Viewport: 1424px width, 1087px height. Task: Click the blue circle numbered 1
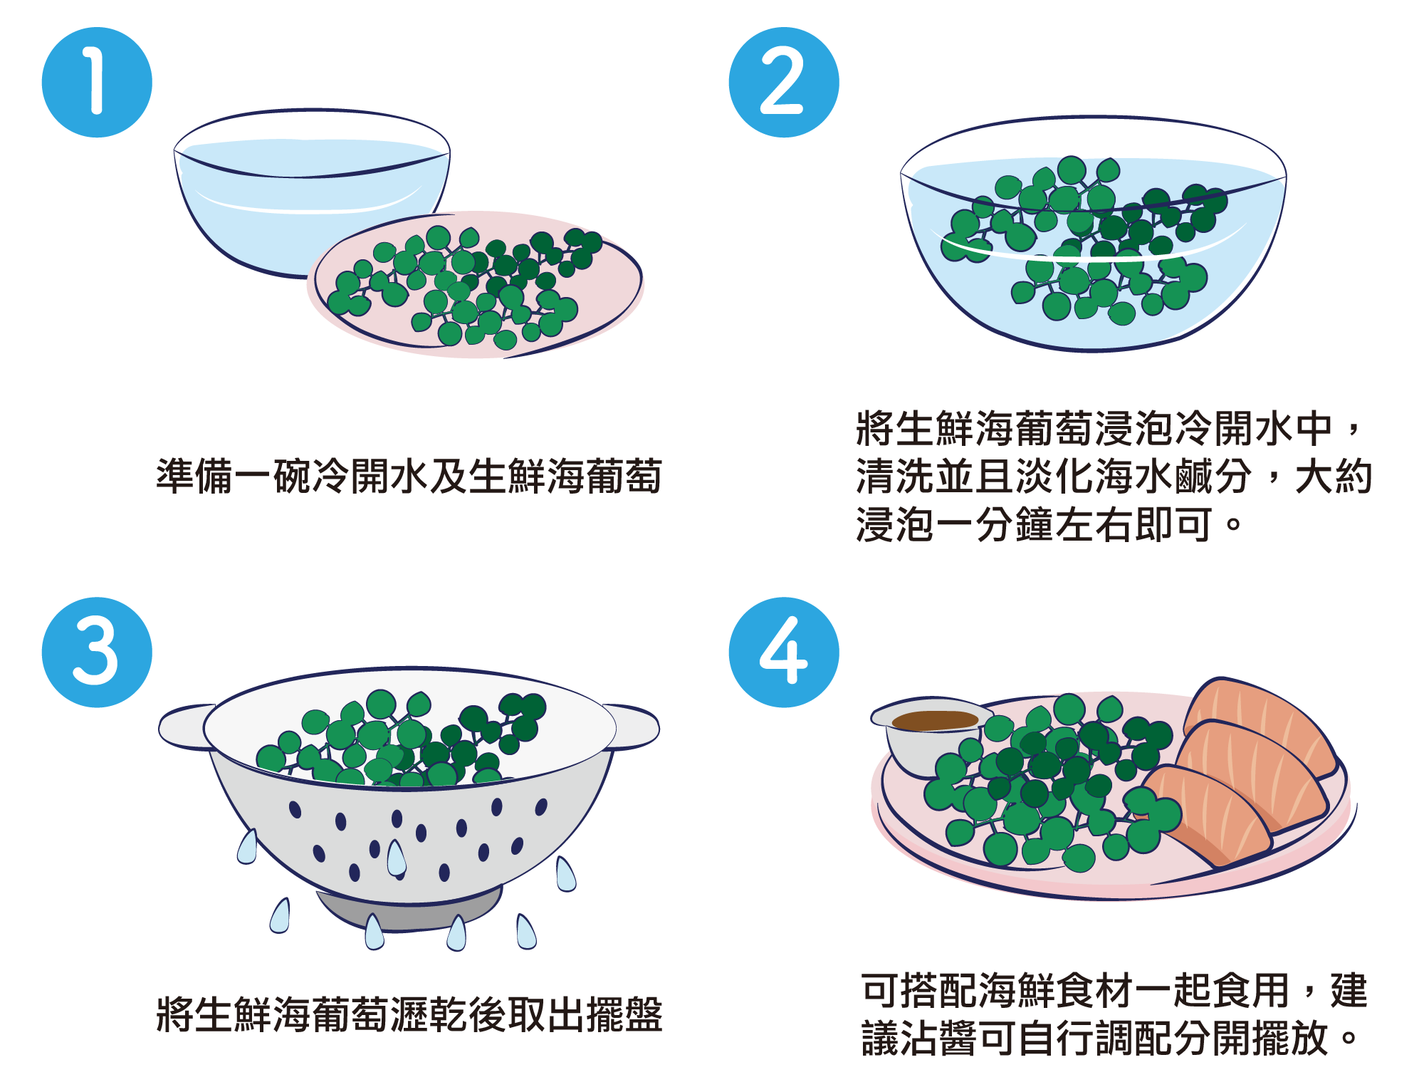(x=97, y=83)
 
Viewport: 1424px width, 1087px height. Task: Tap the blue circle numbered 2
(x=784, y=83)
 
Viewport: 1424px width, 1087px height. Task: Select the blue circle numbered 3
(x=97, y=652)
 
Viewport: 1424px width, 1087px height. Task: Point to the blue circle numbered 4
(x=784, y=652)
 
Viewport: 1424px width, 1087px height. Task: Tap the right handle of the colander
(x=634, y=727)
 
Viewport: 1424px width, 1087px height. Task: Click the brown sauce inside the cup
(x=935, y=721)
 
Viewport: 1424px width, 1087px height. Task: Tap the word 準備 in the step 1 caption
(x=194, y=476)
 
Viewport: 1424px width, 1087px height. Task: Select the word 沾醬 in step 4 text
(x=940, y=1038)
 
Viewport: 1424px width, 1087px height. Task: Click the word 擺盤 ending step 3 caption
(x=624, y=1014)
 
